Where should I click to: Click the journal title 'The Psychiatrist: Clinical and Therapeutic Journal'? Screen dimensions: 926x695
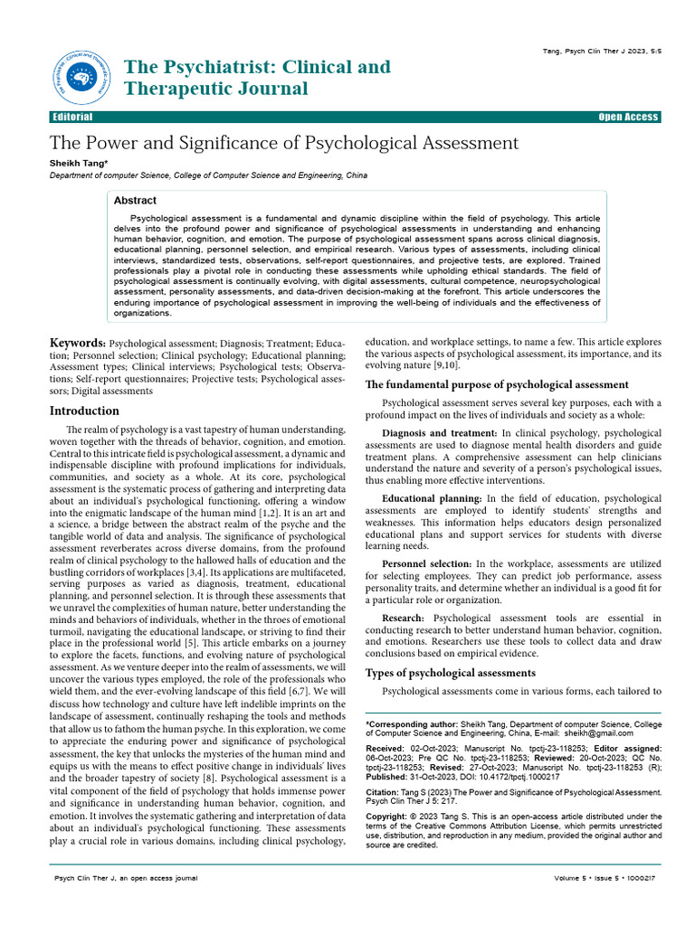257,78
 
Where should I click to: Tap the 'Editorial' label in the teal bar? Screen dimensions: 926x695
72,118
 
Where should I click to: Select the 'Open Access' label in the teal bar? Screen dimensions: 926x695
629,118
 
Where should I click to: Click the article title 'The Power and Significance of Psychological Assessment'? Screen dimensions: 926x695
283,143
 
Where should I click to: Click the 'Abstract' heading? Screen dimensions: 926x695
136,201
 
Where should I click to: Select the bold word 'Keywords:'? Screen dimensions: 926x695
77,344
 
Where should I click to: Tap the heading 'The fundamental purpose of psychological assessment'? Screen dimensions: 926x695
496,384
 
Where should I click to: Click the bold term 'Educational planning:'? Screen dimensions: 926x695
432,498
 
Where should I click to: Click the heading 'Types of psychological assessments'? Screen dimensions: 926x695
450,673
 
